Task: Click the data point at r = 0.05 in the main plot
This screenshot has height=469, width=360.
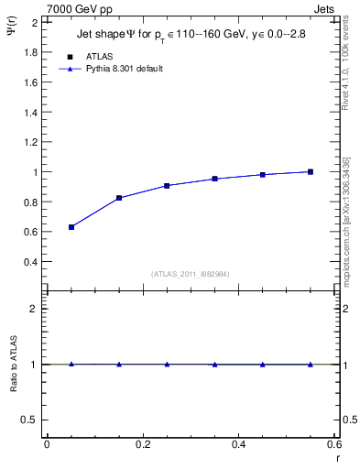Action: tap(71, 226)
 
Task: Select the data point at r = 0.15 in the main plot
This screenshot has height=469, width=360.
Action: tap(119, 198)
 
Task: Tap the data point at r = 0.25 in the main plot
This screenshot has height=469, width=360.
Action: tap(167, 185)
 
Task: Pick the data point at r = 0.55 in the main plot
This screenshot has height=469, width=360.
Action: tap(311, 171)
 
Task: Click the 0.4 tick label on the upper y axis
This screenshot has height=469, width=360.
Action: tap(29, 262)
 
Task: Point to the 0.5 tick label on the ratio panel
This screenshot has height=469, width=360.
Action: tap(29, 420)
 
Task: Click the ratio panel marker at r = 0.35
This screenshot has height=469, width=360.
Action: tap(214, 365)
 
